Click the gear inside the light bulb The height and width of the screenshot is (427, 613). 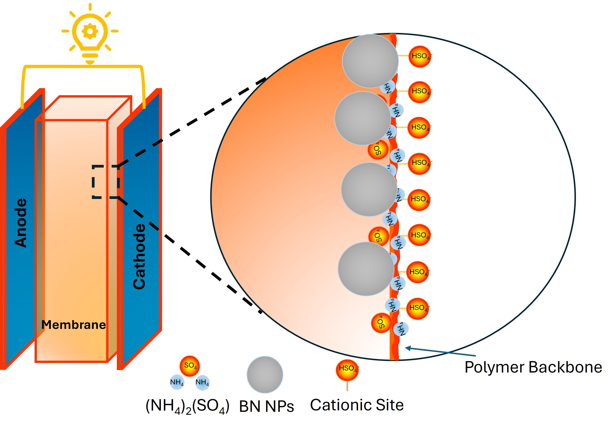[x=90, y=31]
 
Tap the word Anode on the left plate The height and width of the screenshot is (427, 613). [x=21, y=223]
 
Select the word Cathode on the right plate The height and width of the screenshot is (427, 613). [x=139, y=256]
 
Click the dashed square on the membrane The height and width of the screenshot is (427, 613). [x=105, y=182]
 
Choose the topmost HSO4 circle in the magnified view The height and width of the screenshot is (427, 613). [x=420, y=57]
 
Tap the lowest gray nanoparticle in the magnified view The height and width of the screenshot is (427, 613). [x=366, y=269]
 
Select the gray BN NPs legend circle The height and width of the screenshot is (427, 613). [x=265, y=374]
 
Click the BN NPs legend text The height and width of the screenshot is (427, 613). [x=266, y=406]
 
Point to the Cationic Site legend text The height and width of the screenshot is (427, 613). [x=357, y=405]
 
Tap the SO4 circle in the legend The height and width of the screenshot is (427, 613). [x=190, y=366]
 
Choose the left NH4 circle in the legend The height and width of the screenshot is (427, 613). [x=177, y=382]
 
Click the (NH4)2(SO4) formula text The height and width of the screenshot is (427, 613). [x=187, y=406]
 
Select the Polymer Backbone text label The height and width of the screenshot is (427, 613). [x=533, y=367]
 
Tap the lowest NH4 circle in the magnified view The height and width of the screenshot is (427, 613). [x=401, y=329]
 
